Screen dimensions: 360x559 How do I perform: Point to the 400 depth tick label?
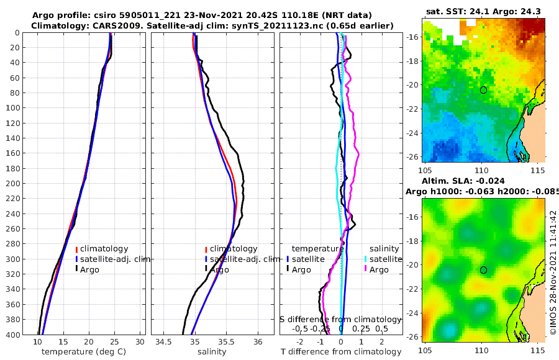[x=12, y=335]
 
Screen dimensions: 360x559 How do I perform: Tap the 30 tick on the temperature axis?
[x=140, y=342]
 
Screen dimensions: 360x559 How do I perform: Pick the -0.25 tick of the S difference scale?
[x=320, y=328]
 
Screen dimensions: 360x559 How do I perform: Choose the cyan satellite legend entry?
[x=379, y=259]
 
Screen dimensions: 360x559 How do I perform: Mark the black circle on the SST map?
[x=484, y=90]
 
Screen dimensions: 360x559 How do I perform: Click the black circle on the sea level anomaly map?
[x=484, y=270]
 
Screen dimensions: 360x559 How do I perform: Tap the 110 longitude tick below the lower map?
[x=483, y=349]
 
